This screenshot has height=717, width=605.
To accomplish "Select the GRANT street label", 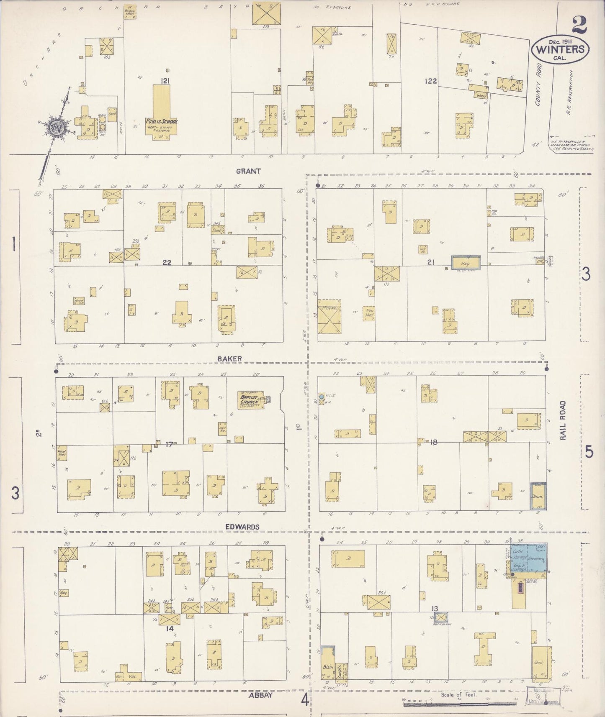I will point(248,171).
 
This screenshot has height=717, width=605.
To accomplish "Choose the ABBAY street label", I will point(260,695).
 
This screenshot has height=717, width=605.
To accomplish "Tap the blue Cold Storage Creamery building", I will point(528,559).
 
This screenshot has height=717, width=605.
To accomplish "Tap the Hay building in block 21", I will point(465,263).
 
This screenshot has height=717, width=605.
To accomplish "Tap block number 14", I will point(169,628).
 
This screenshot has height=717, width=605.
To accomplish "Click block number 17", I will point(169,444).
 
